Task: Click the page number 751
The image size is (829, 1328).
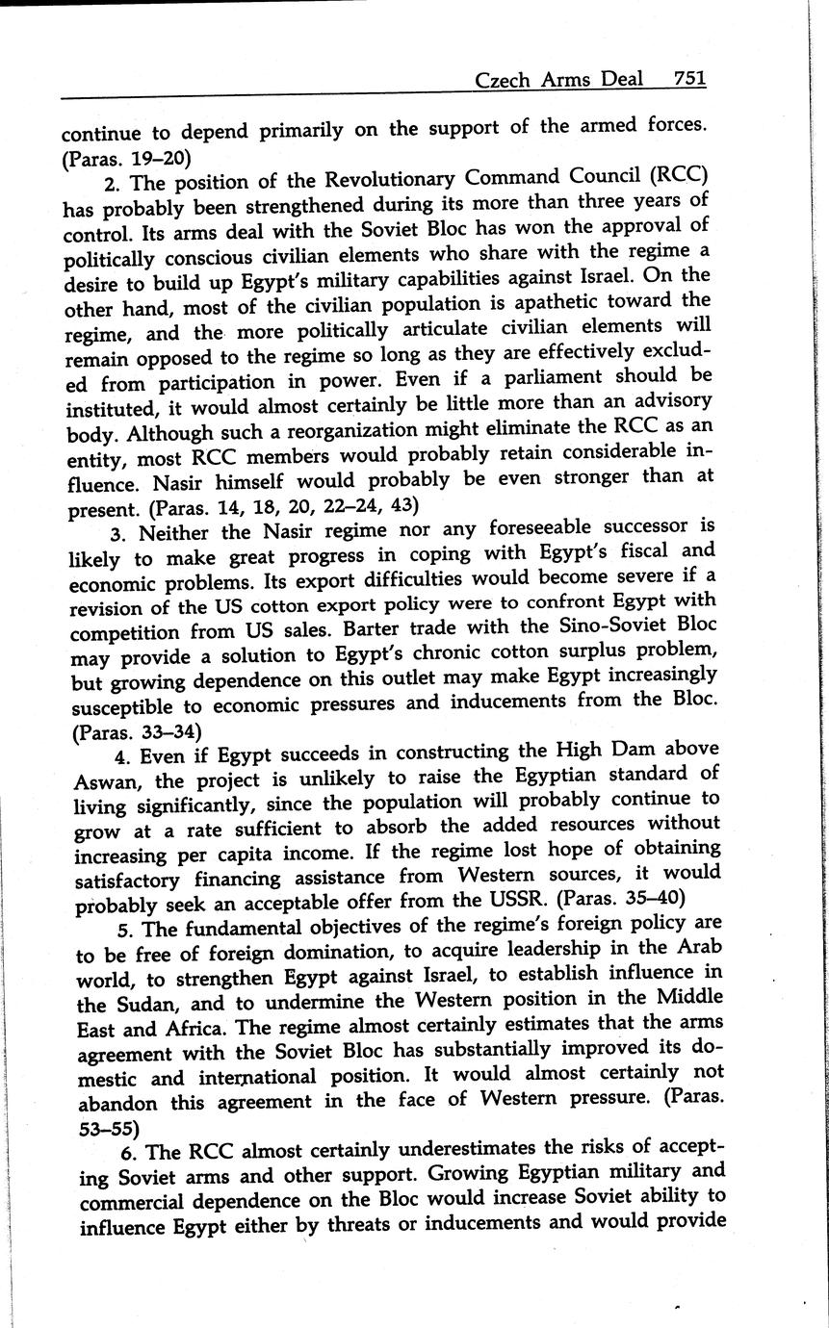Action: (689, 78)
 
